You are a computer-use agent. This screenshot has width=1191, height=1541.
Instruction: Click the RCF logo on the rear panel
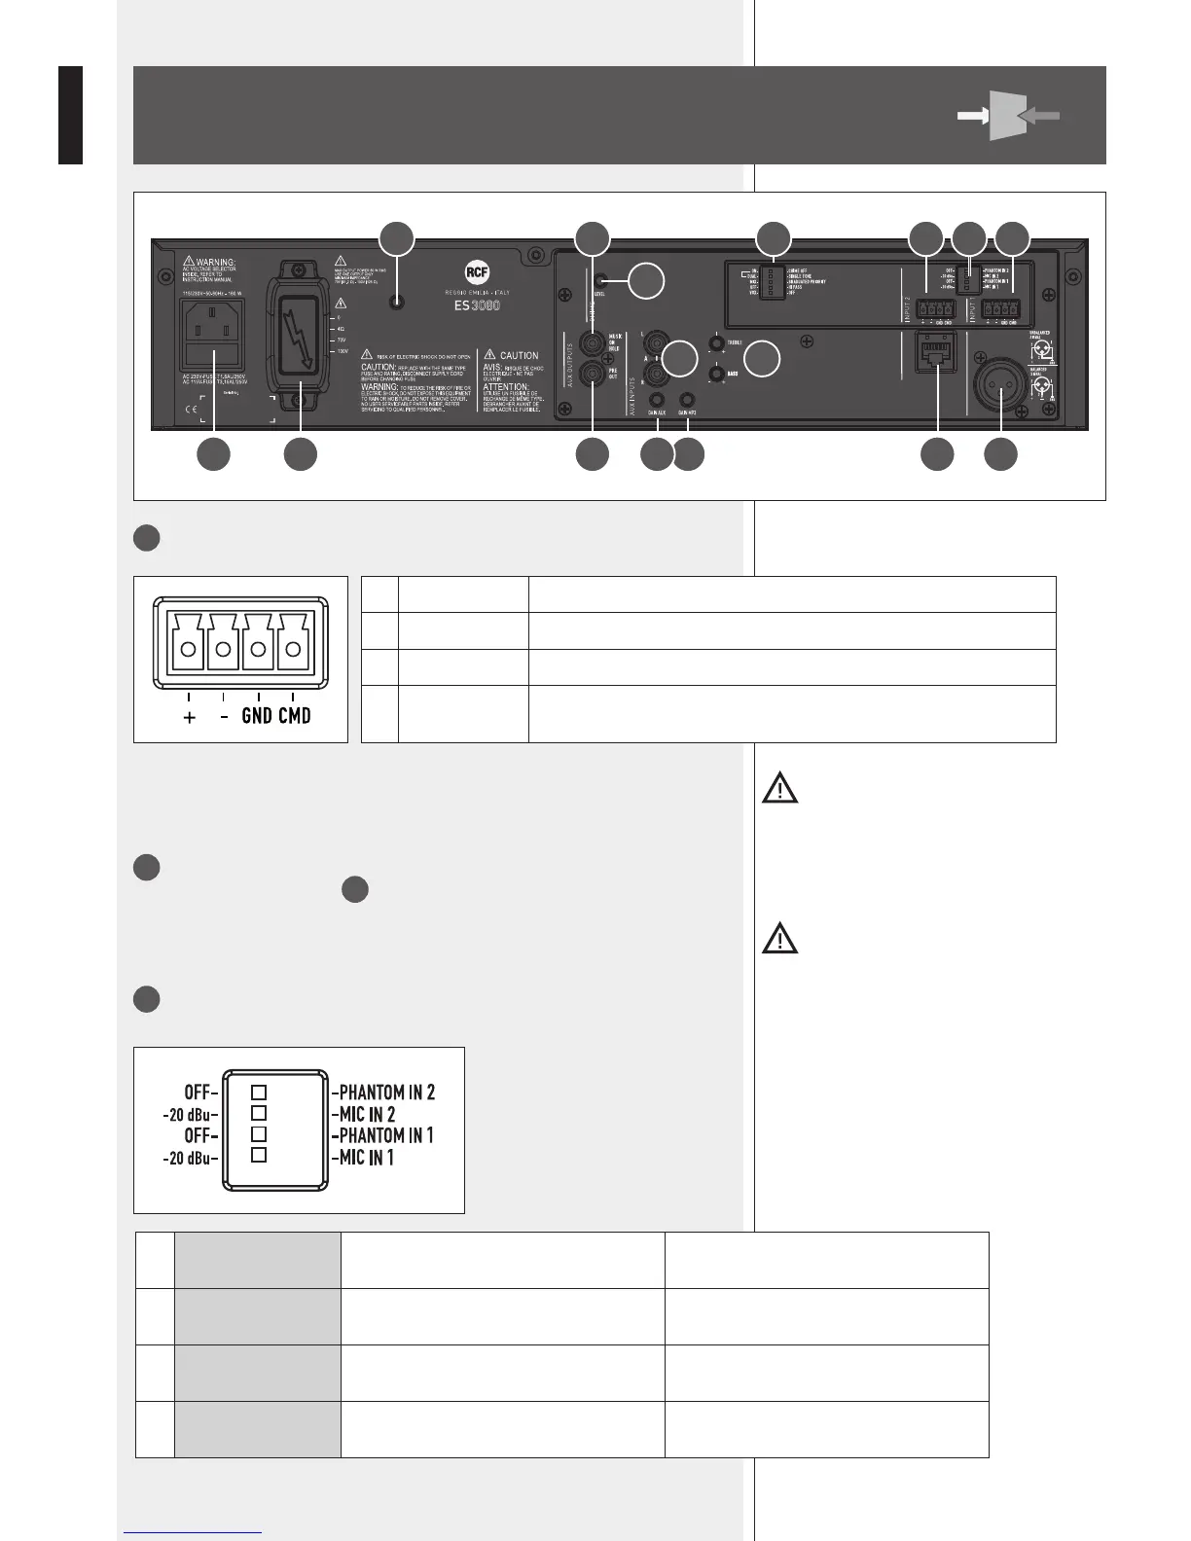point(477,272)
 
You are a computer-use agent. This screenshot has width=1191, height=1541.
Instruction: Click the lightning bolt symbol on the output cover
point(301,337)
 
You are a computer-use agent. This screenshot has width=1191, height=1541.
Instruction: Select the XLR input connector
point(999,389)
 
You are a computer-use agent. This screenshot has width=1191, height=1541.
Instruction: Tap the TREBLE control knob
point(718,342)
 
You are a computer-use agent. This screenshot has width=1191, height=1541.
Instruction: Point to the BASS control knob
point(718,373)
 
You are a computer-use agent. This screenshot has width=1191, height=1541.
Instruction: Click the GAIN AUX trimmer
point(658,398)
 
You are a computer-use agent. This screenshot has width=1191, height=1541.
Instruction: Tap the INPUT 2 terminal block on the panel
point(936,309)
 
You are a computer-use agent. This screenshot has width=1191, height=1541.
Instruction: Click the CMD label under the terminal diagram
point(294,716)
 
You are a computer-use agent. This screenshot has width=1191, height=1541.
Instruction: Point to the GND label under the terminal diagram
point(257,716)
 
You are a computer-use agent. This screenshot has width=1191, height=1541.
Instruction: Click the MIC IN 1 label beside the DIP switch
point(367,1157)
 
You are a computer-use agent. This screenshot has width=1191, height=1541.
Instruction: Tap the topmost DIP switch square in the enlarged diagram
point(259,1093)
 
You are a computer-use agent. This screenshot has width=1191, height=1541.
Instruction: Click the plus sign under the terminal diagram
point(189,717)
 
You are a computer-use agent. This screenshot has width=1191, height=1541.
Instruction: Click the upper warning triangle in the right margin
point(779,787)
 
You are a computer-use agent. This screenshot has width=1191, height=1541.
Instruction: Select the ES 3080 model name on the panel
point(477,305)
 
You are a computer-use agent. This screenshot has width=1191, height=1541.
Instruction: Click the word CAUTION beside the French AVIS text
point(519,355)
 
